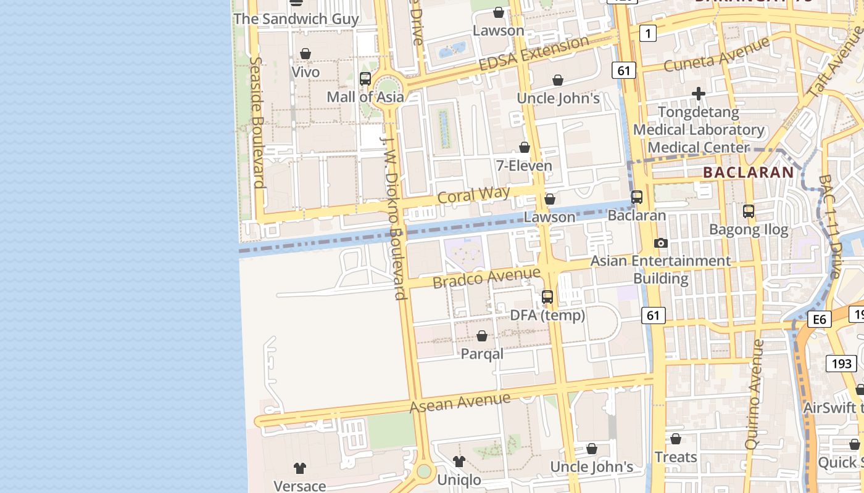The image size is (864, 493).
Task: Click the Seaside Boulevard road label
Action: pos(258,123)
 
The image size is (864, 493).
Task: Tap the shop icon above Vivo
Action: pos(305,54)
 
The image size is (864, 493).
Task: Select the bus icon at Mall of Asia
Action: pos(365,79)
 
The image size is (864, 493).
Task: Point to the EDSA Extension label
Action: pos(534,54)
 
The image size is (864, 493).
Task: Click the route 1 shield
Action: pos(647,33)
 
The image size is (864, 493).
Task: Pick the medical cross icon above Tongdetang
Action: pos(699,94)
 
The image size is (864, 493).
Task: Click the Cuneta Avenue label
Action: pos(717,55)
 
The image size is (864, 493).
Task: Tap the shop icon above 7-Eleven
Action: pos(525,147)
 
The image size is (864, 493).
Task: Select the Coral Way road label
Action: pos(473,195)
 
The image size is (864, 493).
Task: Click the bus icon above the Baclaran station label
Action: pos(637,197)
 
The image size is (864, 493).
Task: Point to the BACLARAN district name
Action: pos(748,173)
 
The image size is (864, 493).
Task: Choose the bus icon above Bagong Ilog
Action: pos(749,211)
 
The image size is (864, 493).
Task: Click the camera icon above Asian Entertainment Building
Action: pos(661,243)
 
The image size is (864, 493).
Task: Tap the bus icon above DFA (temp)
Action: pos(547,297)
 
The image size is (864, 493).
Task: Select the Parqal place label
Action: pos(482,354)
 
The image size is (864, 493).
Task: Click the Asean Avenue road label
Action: pos(460,403)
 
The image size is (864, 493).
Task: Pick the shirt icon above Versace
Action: pos(300,468)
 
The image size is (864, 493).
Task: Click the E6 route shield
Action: pos(820,319)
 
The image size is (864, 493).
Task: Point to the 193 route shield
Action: pos(841,364)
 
